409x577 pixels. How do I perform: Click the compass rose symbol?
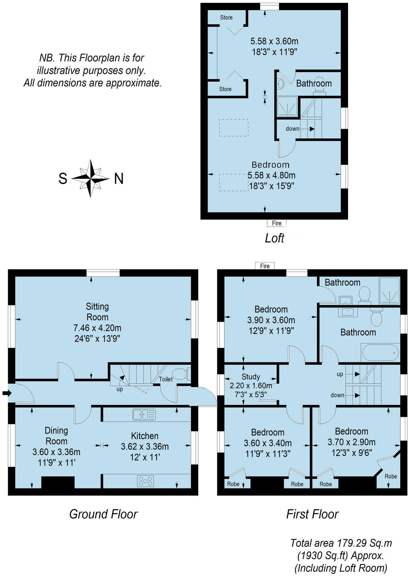[x=90, y=178]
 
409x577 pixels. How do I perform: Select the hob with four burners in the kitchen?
[x=145, y=481]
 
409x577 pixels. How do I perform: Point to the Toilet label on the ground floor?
[x=166, y=379]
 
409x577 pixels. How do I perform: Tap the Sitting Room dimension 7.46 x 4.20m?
[x=97, y=328]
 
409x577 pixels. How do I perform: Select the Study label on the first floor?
[x=250, y=376]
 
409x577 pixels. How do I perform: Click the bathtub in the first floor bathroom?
[x=380, y=353]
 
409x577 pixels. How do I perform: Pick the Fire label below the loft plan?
[x=276, y=223]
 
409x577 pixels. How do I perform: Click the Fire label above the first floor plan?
[x=265, y=266]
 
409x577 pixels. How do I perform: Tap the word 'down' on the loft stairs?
[x=292, y=129]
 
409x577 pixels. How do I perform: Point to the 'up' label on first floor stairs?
[x=340, y=374]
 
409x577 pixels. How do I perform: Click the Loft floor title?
[x=274, y=238]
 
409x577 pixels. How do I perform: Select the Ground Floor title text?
[x=103, y=514]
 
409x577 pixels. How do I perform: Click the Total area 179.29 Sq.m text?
[x=341, y=543]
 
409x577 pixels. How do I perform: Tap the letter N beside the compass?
[x=119, y=178]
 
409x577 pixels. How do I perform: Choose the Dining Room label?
[x=56, y=436]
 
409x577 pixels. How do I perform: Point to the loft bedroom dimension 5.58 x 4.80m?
[x=271, y=175]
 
